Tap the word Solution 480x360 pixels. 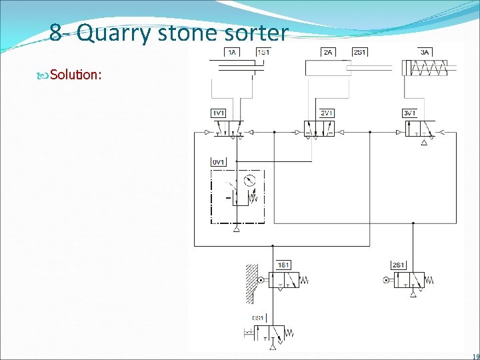(x=75, y=74)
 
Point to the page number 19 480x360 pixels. (x=473, y=355)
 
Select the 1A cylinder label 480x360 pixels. (x=232, y=52)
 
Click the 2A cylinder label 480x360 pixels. (x=327, y=52)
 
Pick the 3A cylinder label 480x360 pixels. (x=425, y=52)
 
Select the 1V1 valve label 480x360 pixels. (x=218, y=113)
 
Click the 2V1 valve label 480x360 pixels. (x=327, y=113)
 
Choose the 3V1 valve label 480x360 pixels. (x=410, y=113)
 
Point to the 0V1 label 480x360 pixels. (x=218, y=162)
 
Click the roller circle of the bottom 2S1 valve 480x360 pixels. (x=386, y=281)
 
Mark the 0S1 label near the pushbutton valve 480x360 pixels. (x=258, y=317)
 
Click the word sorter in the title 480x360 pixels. (x=256, y=33)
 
